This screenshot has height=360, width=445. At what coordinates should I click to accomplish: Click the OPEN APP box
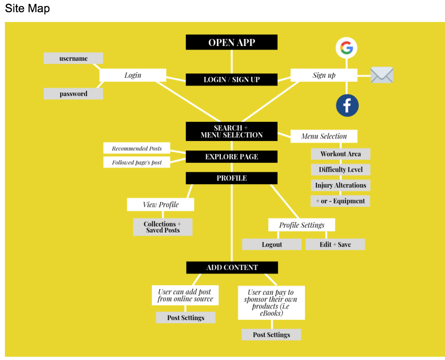click(x=231, y=42)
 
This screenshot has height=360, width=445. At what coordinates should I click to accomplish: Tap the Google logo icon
click(x=346, y=48)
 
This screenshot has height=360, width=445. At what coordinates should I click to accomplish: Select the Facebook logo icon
click(x=347, y=105)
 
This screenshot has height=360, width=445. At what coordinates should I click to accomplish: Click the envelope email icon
click(x=382, y=75)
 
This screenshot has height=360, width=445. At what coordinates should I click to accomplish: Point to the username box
click(x=73, y=58)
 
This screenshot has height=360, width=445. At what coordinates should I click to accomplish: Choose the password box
click(x=73, y=94)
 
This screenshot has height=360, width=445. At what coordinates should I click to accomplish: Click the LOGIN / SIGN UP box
click(x=231, y=79)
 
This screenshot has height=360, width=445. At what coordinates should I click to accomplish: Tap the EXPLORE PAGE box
click(x=231, y=157)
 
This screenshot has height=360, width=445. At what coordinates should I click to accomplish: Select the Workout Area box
click(x=341, y=154)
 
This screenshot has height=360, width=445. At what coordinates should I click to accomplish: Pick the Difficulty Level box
click(x=341, y=170)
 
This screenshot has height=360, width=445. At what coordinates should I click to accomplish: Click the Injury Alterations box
click(x=341, y=185)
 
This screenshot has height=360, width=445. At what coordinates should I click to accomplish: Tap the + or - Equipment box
click(x=340, y=201)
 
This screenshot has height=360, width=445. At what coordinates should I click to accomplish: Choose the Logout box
click(x=272, y=244)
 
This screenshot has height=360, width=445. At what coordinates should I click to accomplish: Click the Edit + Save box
click(x=335, y=244)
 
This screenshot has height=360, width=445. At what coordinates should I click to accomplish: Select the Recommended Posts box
click(x=137, y=148)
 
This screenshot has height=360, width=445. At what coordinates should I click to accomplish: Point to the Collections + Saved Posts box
click(x=163, y=227)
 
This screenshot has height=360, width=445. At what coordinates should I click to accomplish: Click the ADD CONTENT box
click(x=232, y=268)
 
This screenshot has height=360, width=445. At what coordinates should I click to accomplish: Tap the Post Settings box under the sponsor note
click(x=271, y=334)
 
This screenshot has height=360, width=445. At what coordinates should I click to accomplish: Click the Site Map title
click(x=27, y=8)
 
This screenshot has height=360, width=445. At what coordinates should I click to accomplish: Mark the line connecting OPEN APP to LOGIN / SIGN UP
click(x=231, y=61)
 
